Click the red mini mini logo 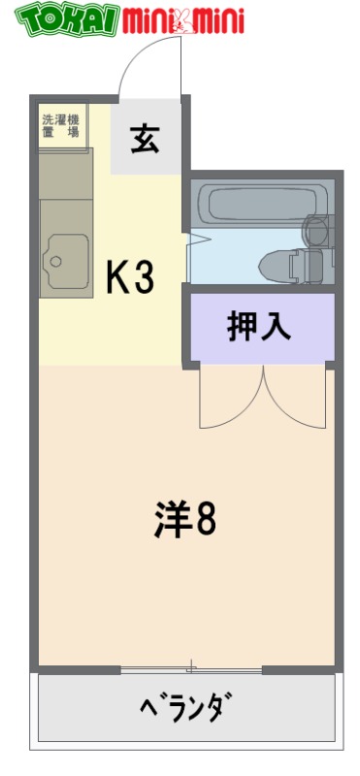tap(184, 18)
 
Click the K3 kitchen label tap(129, 279)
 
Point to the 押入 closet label tap(259, 327)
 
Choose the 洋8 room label tap(183, 520)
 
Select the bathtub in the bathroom tap(254, 203)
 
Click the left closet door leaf tap(229, 403)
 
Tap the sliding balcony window tap(191, 668)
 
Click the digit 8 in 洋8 tap(205, 520)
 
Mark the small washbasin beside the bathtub tap(316, 230)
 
